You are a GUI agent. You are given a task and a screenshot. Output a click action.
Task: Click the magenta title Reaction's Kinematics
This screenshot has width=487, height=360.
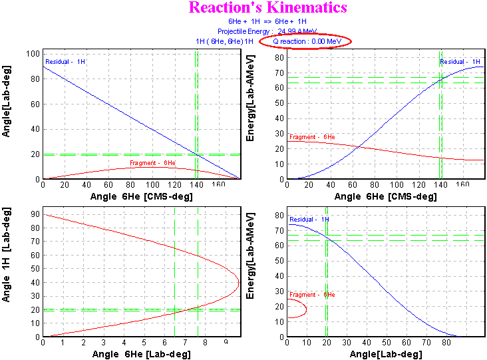pyautogui.click(x=267, y=8)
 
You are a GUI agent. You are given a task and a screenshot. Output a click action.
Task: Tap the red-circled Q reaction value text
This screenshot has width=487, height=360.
pyautogui.click(x=305, y=41)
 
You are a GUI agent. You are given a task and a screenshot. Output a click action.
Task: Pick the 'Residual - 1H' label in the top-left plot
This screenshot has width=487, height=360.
pyautogui.click(x=65, y=62)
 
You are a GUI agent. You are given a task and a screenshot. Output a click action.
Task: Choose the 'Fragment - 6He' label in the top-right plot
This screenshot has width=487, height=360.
pyautogui.click(x=312, y=136)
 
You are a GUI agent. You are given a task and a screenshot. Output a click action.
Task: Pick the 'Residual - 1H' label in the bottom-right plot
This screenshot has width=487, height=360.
pyautogui.click(x=309, y=219)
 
